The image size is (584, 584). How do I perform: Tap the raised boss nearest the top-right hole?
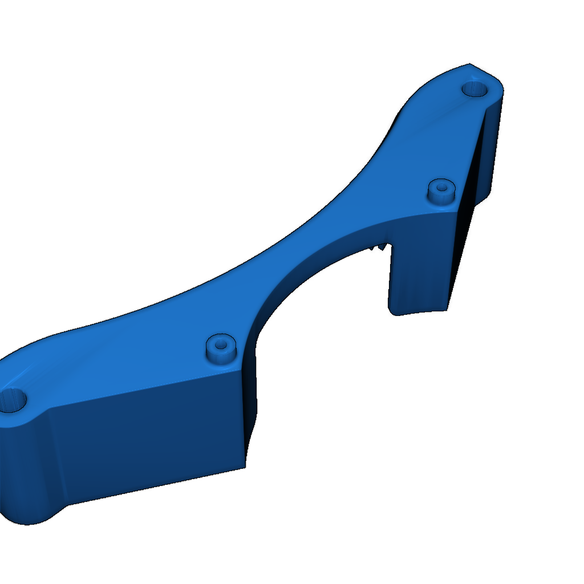pos(441,188)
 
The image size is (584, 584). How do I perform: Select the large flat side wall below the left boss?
pos(148,433)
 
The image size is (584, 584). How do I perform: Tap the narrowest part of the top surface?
pos(297,245)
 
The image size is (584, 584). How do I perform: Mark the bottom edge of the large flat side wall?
pos(154,486)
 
